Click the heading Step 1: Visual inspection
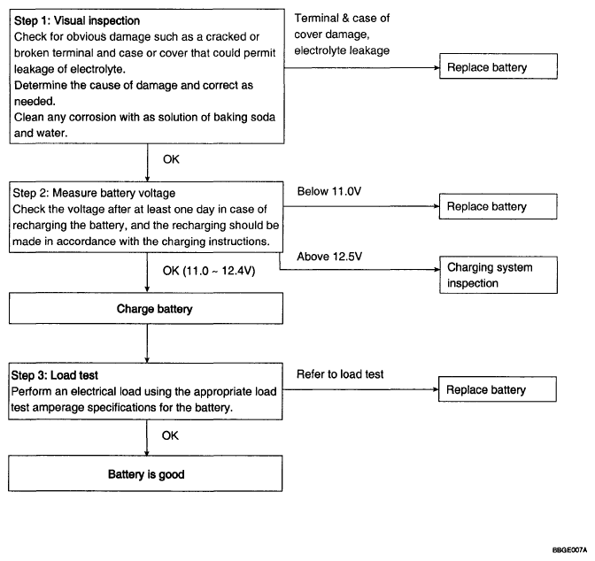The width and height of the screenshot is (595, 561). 77,20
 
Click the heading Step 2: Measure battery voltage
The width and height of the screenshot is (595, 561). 94,193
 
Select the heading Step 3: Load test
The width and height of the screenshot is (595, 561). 55,375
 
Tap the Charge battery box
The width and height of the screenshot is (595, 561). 146,309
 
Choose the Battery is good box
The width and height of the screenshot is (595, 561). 145,473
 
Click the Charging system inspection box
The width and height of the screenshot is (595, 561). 498,275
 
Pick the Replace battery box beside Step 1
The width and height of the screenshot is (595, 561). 498,66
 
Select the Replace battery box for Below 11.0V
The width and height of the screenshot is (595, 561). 498,206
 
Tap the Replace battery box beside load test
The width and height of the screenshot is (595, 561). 498,389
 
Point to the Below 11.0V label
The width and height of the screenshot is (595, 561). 329,191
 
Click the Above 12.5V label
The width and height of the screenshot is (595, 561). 329,257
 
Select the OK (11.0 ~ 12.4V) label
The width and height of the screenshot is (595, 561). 209,271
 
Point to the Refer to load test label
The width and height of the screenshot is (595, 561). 340,374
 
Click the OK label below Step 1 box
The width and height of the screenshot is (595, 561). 171,159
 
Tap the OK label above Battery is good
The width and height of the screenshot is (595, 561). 170,435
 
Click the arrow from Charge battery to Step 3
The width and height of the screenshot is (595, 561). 147,343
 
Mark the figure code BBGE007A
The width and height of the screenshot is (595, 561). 569,550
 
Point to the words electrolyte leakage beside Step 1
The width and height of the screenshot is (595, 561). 342,50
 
